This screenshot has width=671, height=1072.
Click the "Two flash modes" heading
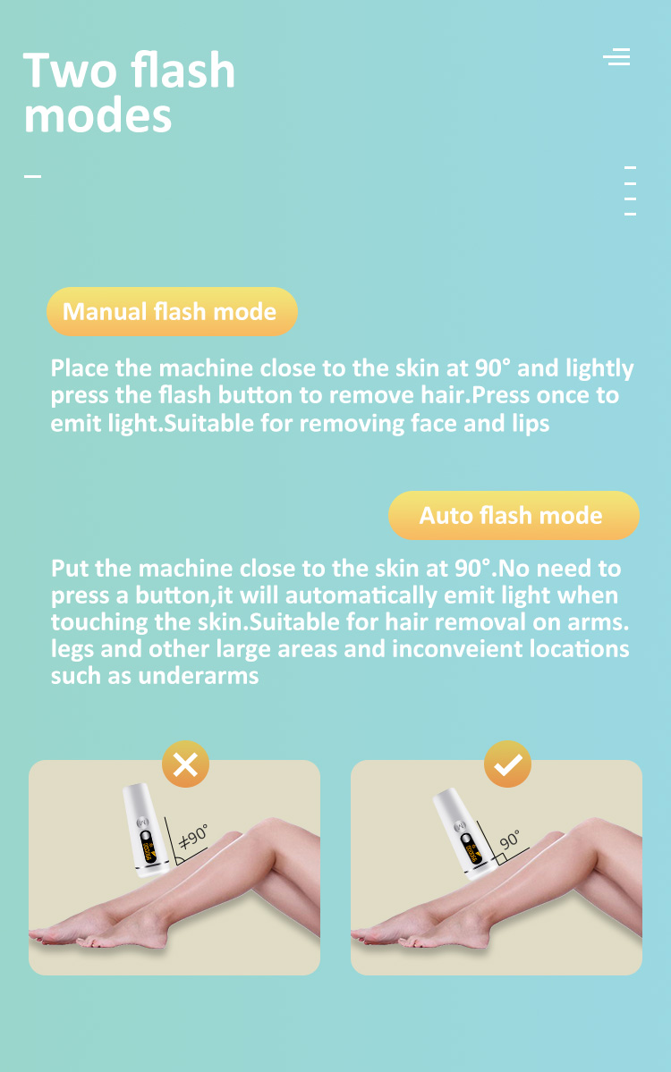(129, 94)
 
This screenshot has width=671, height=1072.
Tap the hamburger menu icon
(616, 56)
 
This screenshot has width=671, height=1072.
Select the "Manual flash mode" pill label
(170, 311)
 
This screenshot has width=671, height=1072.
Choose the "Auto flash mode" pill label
(511, 515)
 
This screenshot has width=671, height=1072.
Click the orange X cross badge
(185, 764)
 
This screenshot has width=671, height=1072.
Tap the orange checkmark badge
(507, 764)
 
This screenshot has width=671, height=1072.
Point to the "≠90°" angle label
(193, 836)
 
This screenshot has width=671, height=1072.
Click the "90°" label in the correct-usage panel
(510, 840)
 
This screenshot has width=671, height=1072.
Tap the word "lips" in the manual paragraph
(530, 422)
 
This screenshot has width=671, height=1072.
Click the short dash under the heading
(32, 176)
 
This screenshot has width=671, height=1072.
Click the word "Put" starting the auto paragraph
(70, 569)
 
